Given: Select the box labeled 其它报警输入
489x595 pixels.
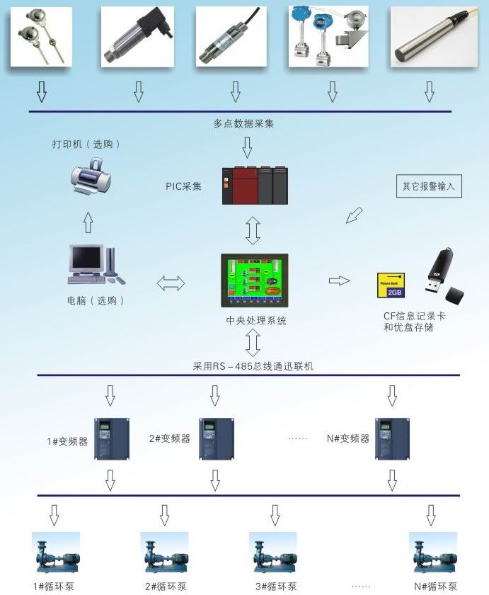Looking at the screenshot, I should [428, 187].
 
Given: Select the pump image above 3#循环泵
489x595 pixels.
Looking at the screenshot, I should [272, 553].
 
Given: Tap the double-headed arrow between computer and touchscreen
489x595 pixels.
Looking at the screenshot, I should [171, 283].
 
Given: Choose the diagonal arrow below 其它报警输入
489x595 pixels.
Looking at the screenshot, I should [354, 215].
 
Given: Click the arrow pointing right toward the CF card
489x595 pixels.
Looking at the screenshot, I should [340, 280].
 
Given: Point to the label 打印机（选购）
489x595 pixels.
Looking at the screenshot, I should [86, 144].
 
